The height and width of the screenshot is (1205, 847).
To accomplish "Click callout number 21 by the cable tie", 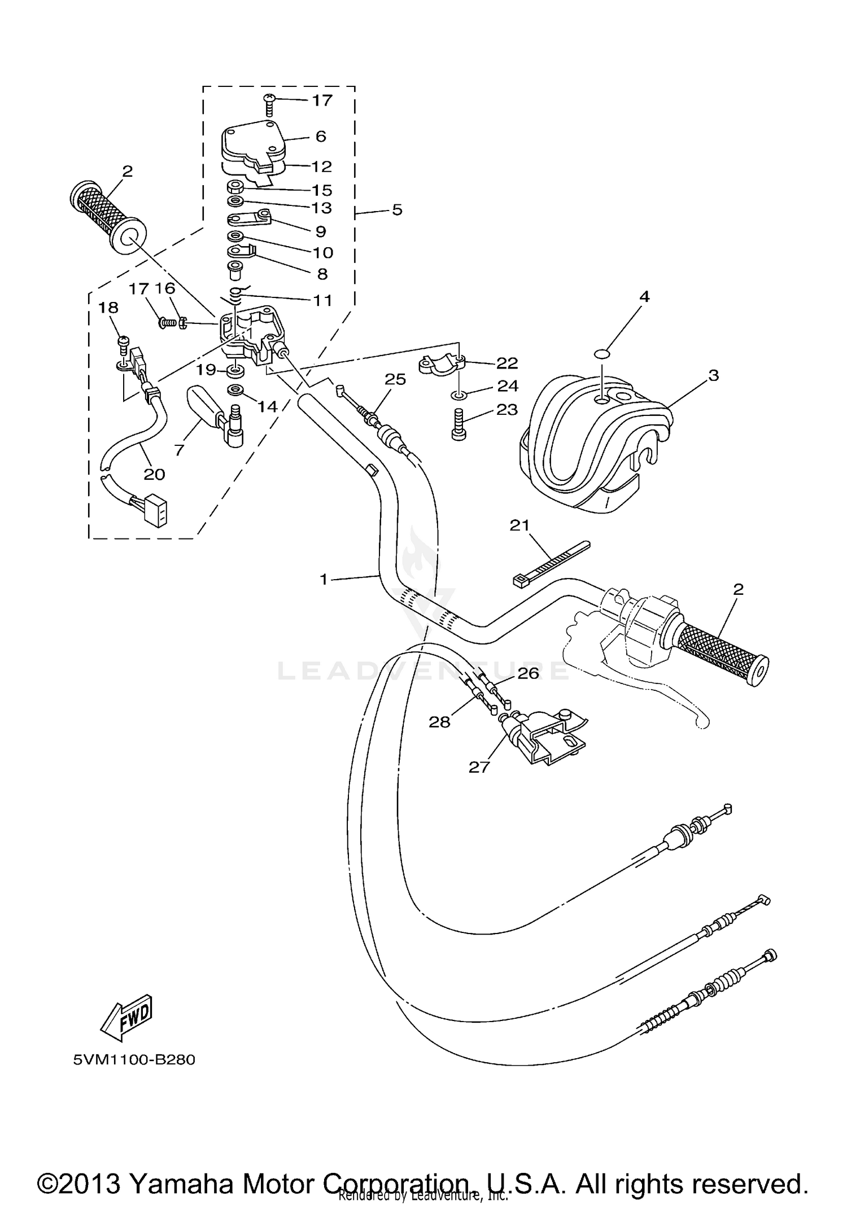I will click(519, 525).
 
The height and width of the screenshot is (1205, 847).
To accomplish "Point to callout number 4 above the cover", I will click(644, 297).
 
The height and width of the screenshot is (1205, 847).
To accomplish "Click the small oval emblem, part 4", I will click(603, 354).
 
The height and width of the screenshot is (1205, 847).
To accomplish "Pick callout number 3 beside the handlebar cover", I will click(713, 375).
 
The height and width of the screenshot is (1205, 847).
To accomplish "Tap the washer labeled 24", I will click(459, 395).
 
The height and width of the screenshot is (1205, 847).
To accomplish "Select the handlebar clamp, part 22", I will click(442, 364).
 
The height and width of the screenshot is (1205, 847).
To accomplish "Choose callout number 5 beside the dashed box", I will click(397, 211).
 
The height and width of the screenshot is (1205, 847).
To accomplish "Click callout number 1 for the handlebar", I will click(324, 579).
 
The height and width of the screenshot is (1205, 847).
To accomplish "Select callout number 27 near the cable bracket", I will click(479, 767).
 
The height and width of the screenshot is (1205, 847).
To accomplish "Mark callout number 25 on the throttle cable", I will click(395, 379).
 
